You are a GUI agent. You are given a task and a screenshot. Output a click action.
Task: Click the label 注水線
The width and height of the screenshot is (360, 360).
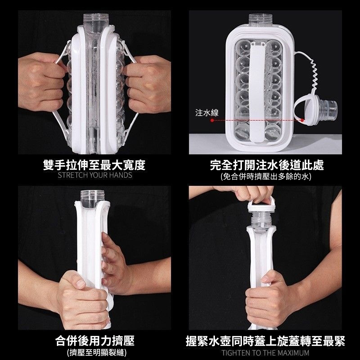coord(207,113)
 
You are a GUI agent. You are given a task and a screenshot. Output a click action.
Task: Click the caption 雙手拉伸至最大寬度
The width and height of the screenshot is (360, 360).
coord(94,165)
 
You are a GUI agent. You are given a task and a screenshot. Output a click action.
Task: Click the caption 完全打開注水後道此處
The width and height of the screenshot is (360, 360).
coord(267,165)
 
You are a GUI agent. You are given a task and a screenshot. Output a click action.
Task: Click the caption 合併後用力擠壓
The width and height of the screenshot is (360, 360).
coord(95,340)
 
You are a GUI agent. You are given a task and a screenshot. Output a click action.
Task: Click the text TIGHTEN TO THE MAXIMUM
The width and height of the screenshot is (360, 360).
coord(265,352)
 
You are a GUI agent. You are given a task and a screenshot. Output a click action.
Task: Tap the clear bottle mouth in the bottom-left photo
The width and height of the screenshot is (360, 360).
coord(92,198)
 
